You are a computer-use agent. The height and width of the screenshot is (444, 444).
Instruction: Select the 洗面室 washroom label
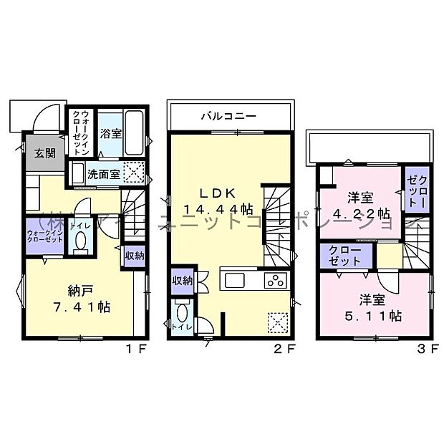coord(103,173)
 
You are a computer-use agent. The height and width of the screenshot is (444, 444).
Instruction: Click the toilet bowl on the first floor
coord(79,244)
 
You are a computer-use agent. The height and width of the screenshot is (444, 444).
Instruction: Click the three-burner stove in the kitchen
coord(276,280)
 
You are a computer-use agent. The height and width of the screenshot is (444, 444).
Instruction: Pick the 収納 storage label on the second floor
coord(182,281)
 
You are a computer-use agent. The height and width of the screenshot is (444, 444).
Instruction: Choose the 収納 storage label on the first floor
coord(133,255)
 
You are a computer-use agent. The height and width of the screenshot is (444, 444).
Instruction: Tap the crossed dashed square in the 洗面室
coord(134,172)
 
